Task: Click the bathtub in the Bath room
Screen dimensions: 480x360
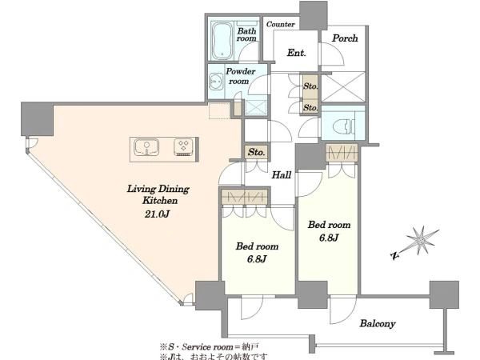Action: point(222,41)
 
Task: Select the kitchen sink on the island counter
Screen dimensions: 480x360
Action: point(147,147)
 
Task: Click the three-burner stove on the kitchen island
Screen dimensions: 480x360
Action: point(184,147)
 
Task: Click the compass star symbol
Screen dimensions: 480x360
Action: point(422,240)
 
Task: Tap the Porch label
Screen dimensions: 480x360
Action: point(345,38)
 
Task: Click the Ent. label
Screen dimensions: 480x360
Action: point(296,53)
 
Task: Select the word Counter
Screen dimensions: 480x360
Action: point(281,24)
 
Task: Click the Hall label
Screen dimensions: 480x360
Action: point(282,175)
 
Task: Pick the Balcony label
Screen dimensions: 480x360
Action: point(378,323)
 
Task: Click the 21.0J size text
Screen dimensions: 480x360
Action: point(158,214)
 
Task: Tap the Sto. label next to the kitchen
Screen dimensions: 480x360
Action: point(256,152)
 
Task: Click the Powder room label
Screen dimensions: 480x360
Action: point(240,76)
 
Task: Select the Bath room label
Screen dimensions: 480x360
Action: point(246,34)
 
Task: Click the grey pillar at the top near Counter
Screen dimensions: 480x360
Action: point(314,15)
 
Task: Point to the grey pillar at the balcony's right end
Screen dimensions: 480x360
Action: point(444,294)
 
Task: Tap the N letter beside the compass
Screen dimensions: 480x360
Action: point(395,255)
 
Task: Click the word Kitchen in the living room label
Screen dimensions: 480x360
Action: point(160,201)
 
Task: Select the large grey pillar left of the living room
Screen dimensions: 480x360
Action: point(37,119)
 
